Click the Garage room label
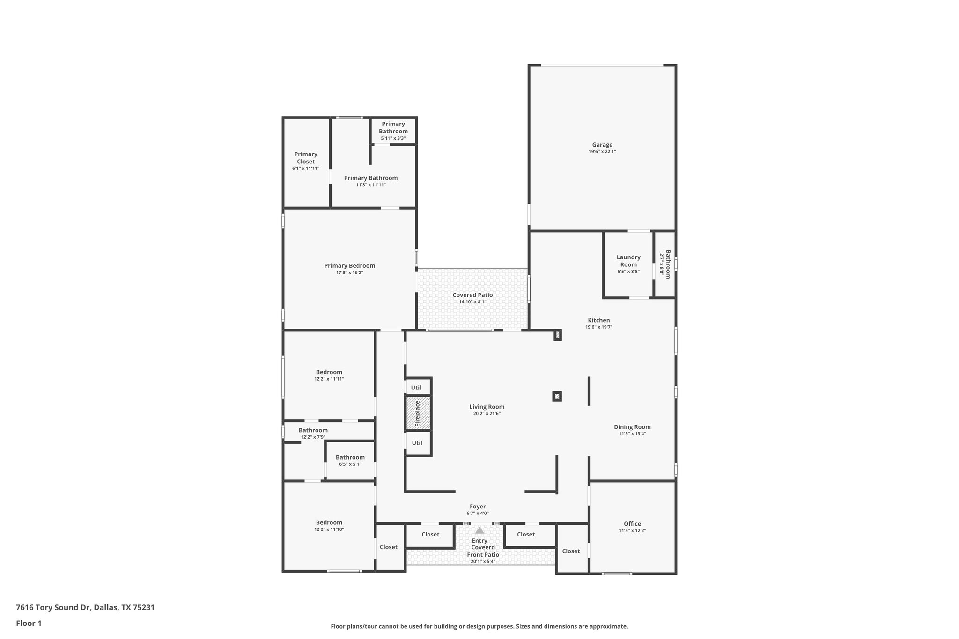602,145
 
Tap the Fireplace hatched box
418,413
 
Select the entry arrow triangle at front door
479,530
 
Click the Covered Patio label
472,295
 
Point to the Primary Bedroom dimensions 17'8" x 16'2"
349,272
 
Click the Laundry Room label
628,261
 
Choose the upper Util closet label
416,388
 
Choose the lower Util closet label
417,443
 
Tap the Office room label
632,524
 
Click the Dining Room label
632,427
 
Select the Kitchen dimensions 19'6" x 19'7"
598,327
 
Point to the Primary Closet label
306,158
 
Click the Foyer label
478,507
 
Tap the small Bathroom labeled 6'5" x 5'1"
350,457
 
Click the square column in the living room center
557,397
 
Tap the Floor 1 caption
29,623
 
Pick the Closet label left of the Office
571,551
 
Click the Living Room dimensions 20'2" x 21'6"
487,414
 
